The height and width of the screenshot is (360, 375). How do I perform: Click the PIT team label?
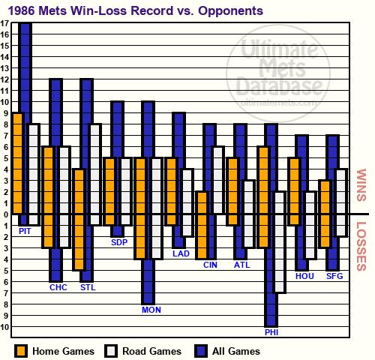coord(25,231)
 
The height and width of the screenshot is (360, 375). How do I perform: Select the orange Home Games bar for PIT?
coord(17,163)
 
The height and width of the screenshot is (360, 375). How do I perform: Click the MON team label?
coord(151,310)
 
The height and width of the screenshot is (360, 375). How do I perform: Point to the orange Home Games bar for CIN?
coord(202,225)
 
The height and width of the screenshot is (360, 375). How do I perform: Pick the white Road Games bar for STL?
coord(95,175)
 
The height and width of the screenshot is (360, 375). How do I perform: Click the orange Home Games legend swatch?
coord(21,351)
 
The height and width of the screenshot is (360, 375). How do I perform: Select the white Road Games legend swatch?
coord(111,351)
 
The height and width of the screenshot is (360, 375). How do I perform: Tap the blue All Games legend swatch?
coord(201,351)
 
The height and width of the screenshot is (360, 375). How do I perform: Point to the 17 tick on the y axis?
coord(4,23)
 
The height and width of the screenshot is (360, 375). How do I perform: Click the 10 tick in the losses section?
coord(4,327)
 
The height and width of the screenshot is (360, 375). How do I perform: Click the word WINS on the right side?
coord(361,185)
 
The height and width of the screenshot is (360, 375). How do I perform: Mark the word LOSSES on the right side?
coord(361,246)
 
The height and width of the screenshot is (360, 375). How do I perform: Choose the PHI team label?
coord(271,332)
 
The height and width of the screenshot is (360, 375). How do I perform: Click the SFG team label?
coord(334,276)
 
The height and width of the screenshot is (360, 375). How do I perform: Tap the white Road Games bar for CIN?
coord(218,180)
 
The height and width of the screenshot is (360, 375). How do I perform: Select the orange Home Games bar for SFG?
coord(325,214)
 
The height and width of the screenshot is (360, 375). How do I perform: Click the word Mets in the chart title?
coord(53,10)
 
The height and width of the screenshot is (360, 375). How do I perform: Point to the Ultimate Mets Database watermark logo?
coord(278,73)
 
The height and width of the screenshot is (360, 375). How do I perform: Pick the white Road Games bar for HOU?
coord(310,225)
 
